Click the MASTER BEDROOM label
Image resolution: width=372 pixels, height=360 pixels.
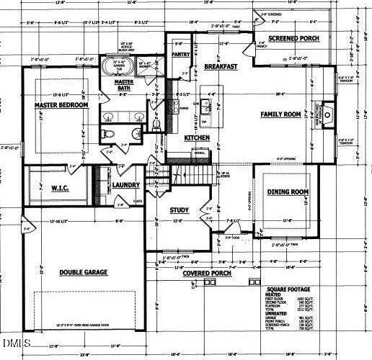tap(61, 106)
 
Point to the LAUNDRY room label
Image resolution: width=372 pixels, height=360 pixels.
tap(126, 185)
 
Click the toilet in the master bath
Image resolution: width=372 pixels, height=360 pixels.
tap(106, 134)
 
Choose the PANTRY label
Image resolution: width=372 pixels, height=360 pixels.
tap(182, 53)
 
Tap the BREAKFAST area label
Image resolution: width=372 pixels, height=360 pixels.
tap(221, 66)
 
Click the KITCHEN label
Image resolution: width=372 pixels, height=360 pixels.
tap(196, 138)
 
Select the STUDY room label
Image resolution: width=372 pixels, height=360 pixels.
tap(179, 210)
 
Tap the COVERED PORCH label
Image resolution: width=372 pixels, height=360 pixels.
tap(207, 274)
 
